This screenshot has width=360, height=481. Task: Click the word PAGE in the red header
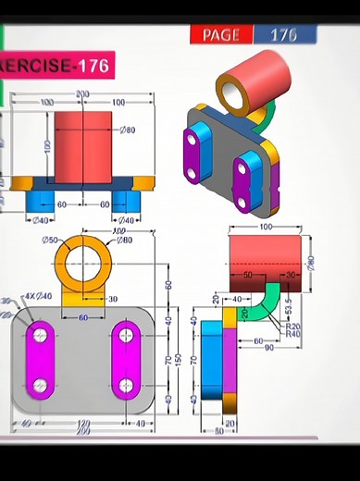tap(220, 35)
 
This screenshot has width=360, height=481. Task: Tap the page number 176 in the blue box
tap(283, 35)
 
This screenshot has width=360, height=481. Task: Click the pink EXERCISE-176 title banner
tap(56, 66)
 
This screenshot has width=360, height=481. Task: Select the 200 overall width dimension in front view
tap(82, 94)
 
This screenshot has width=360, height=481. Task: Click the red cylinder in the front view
tap(82, 139)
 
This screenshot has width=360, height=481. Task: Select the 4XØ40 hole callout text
tap(38, 296)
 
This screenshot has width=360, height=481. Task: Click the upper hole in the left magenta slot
tap(40, 333)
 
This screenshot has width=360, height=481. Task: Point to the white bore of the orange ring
tap(83, 258)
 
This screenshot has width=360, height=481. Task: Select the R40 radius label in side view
tap(293, 334)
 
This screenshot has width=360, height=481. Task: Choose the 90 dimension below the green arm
tap(268, 348)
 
